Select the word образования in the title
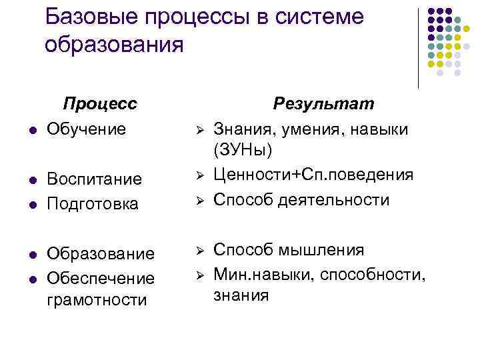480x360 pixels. coord(113,45)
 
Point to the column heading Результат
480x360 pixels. coord(325,104)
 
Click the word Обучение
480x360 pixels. coord(86,127)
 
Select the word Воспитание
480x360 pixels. coord(94,179)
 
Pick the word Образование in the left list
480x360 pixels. coord(101,254)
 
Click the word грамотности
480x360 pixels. coord(97,300)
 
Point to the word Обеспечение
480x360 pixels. coord(100,277)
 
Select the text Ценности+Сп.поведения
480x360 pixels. coord(313,175)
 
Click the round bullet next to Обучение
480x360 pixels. coord(23,129)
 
